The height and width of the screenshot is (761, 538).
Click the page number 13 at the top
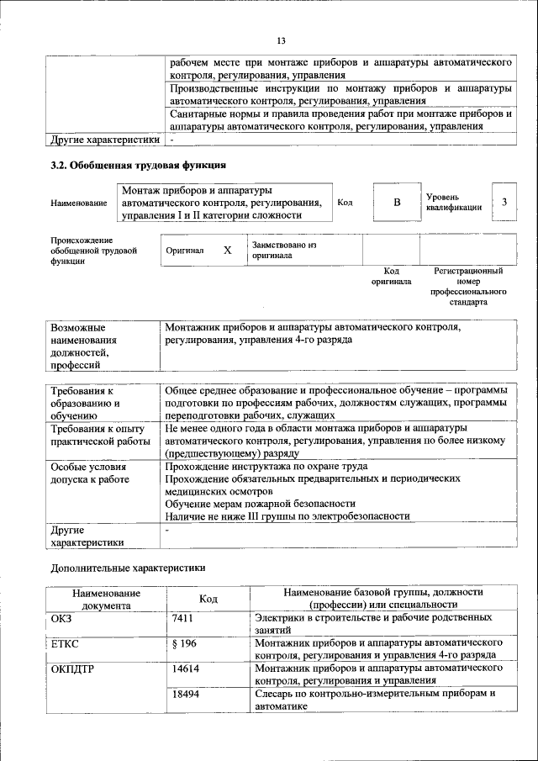coord(282,41)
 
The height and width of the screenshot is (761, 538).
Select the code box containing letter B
coord(397,203)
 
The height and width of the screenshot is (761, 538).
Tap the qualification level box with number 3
coord(504,203)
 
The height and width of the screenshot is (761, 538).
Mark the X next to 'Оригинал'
coord(227,251)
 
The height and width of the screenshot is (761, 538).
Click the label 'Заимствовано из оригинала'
coord(283,249)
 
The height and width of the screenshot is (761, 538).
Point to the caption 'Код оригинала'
coord(391,277)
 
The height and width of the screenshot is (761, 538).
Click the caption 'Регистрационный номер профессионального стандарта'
coord(468,286)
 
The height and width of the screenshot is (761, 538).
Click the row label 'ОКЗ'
coord(62,618)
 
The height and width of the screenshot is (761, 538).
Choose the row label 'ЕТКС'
coord(66,643)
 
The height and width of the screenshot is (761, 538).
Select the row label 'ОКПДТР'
coord(72,669)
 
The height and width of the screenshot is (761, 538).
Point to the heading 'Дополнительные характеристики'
coord(127,568)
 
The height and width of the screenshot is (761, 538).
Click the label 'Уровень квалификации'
coord(453,202)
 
